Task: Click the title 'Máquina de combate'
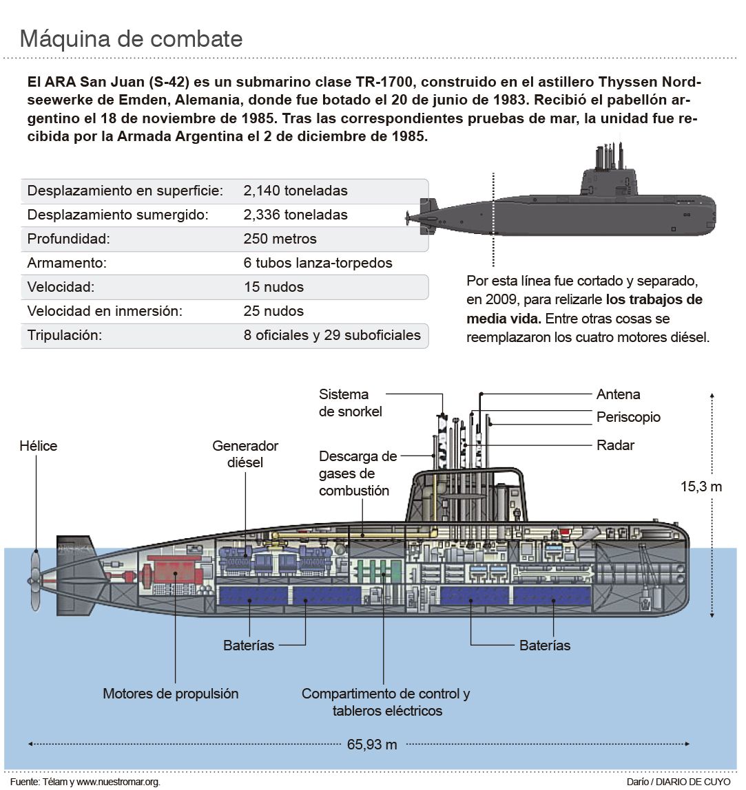(x=131, y=39)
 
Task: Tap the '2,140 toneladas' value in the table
(x=296, y=191)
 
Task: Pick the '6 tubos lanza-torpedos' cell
(x=318, y=263)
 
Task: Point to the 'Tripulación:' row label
(x=65, y=336)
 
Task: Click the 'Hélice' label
(x=39, y=446)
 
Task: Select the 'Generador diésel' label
(x=245, y=453)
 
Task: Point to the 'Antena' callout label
(x=618, y=394)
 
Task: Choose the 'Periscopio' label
(x=628, y=417)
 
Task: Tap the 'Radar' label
(x=615, y=445)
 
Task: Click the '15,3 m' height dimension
(x=701, y=487)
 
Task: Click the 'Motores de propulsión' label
(x=171, y=693)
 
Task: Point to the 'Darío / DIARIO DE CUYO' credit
(x=678, y=782)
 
